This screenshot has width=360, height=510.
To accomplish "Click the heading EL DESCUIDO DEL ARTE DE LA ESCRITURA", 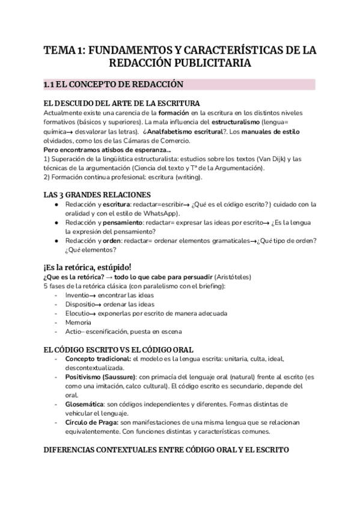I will point(122,103).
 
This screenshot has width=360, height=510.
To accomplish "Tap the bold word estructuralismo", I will point(227,123).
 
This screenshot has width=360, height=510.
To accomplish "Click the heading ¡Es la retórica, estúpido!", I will point(87,266).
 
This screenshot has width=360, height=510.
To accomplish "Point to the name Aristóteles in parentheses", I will point(230,277).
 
